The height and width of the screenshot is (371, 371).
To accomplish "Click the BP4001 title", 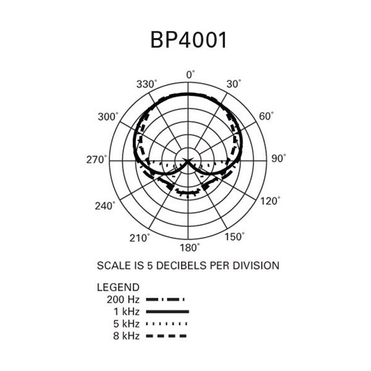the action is [x=189, y=40].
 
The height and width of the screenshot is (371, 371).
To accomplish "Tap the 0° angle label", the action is [x=190, y=75].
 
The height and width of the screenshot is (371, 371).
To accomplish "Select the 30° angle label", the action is [x=234, y=83].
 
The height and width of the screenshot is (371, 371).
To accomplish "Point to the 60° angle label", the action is [x=266, y=116].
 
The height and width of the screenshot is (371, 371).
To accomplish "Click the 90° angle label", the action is [x=278, y=158].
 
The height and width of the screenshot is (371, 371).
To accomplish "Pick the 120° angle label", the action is [x=270, y=201].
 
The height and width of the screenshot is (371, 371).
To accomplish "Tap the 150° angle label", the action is [x=234, y=237].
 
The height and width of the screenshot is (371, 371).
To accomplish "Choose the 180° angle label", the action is [x=190, y=248].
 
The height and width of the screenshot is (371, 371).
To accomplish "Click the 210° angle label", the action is [x=140, y=238].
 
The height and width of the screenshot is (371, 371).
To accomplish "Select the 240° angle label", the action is [x=105, y=206].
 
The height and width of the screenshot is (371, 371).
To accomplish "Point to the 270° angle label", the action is [x=96, y=160].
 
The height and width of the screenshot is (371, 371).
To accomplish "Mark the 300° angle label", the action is [x=108, y=117].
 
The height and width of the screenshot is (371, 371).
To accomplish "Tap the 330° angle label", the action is [x=147, y=84].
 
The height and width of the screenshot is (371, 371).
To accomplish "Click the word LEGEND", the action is [x=118, y=288].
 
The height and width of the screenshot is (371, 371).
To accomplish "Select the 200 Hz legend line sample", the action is [x=165, y=299].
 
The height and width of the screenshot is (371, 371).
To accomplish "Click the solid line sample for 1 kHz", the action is [x=168, y=312].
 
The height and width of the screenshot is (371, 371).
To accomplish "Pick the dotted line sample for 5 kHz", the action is [x=166, y=323].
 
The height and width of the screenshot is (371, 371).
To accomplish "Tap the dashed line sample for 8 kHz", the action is [x=166, y=336].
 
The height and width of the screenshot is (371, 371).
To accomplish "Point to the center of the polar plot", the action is [x=188, y=161].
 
